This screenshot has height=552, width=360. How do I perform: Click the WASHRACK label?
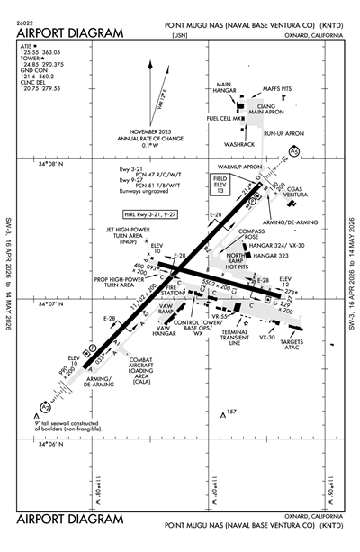coord(239,144)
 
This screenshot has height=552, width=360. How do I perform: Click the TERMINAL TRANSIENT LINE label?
coord(246,337)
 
